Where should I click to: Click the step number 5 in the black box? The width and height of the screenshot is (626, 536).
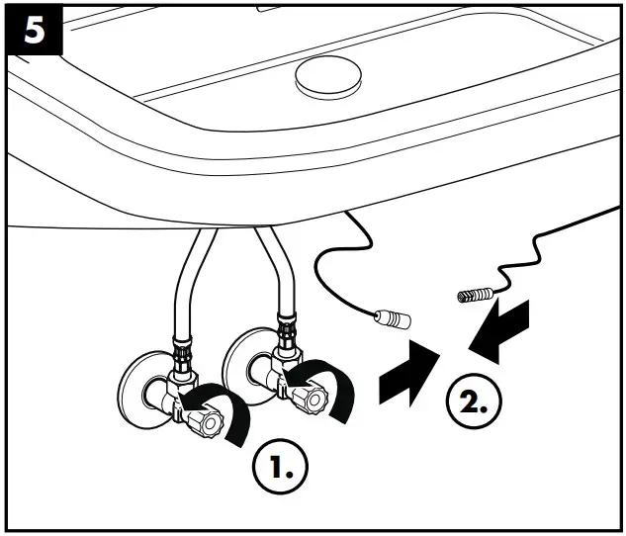coord(34,31)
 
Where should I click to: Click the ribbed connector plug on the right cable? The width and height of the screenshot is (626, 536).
coord(474,295)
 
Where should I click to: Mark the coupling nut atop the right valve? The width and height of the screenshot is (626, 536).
coord(287,324)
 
